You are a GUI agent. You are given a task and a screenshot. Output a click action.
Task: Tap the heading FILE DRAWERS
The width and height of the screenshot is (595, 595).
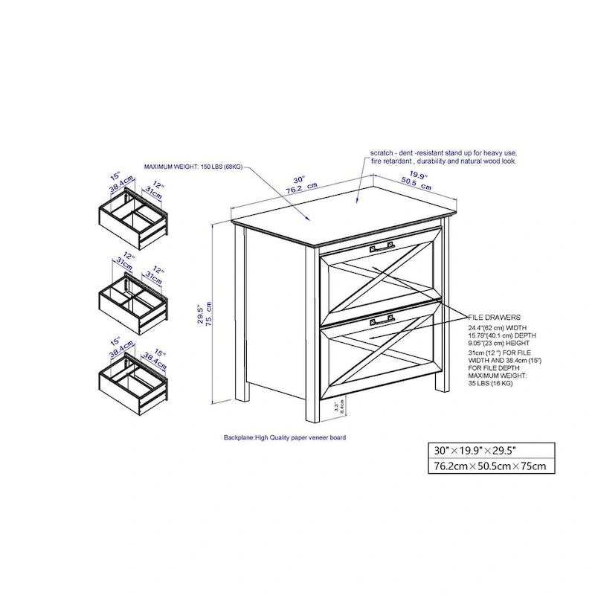tap(494, 317)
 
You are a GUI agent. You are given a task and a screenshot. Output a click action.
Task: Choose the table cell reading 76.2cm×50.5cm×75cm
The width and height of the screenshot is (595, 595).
tap(490, 466)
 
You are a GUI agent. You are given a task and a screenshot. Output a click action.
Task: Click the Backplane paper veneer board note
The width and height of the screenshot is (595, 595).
tap(284, 438)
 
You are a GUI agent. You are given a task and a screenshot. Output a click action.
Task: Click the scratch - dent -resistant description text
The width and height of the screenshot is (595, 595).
tap(443, 156)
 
